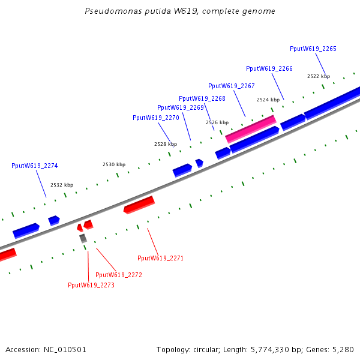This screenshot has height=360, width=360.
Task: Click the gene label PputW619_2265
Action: pyautogui.click(x=313, y=49)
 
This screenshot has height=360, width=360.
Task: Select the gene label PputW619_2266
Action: pyautogui.click(x=269, y=68)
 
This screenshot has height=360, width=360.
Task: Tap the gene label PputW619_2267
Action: pyautogui.click(x=231, y=86)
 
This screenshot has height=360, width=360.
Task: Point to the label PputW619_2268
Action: pyautogui.click(x=202, y=98)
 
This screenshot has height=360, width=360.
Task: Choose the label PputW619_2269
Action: pyautogui.click(x=181, y=107)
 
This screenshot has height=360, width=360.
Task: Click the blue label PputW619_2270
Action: pyautogui.click(x=155, y=118)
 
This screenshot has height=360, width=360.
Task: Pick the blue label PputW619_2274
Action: pyautogui.click(x=34, y=166)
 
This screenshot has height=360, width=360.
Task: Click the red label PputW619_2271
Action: pyautogui.click(x=160, y=258)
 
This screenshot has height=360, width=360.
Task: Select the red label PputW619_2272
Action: pyautogui.click(x=118, y=275)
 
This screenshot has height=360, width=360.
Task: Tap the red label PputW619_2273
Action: pyautogui.click(x=91, y=285)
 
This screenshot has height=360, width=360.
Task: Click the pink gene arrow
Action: pyautogui.click(x=251, y=128)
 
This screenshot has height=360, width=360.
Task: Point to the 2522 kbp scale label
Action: pyautogui.click(x=318, y=76)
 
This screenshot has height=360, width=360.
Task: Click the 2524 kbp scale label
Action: pyautogui.click(x=268, y=100)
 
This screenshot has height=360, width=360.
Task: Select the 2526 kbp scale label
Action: pyautogui.click(x=217, y=122)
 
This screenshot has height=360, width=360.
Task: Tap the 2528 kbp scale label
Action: pyautogui.click(x=165, y=144)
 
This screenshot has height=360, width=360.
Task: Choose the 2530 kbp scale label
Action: pyautogui.click(x=113, y=164)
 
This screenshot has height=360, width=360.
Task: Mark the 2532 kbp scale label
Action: pyautogui.click(x=61, y=185)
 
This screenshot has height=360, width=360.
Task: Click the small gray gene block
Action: pyautogui.click(x=83, y=238)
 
